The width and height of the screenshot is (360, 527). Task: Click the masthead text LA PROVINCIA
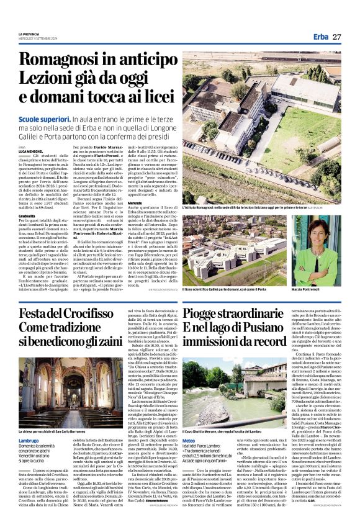point(32,34)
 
